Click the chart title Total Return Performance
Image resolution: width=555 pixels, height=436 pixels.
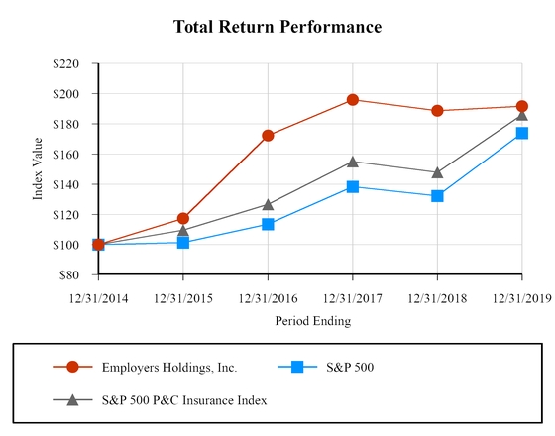pos(277,27)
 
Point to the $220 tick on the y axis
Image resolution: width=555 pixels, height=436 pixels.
pos(75,63)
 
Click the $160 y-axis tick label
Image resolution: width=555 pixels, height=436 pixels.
pos(75,155)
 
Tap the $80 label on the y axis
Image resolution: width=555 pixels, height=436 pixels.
pos(78,274)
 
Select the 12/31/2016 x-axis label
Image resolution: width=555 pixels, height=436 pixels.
pos(268,297)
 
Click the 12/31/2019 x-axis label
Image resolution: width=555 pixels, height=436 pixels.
pos(521,297)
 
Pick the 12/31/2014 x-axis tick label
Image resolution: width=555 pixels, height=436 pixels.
pos(98,297)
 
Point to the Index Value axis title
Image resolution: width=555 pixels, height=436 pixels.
pos(39,169)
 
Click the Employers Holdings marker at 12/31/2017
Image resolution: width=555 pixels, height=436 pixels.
pos(353,99)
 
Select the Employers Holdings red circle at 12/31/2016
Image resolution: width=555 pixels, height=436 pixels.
pos(268,135)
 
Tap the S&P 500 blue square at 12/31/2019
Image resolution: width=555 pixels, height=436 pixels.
pos(522,133)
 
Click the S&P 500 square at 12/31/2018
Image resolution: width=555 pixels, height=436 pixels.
pos(437,196)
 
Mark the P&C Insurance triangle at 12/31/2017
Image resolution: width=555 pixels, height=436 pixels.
pos(353,161)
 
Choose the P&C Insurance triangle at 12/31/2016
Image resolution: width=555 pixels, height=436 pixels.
pos(268,204)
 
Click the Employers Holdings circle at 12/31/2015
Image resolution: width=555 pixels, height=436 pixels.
pos(183,218)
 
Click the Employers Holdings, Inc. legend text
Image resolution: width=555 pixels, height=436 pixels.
pos(169,367)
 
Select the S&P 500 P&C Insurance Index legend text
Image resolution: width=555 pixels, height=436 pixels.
pos(184,400)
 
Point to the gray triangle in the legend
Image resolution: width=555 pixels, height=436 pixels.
pos(72,400)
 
